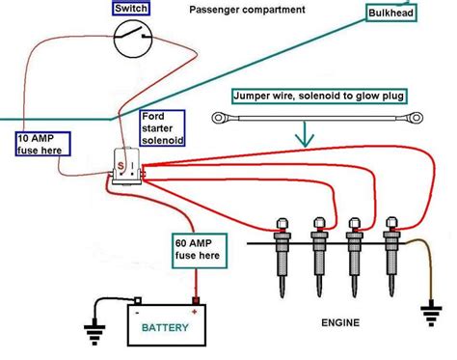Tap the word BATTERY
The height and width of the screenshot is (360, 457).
coord(167,328)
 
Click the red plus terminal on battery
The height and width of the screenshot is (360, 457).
coord(196,311)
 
